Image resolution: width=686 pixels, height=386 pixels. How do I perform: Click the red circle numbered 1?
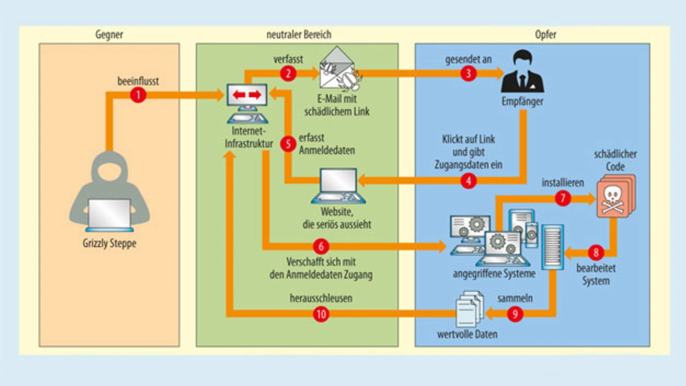point(138,95)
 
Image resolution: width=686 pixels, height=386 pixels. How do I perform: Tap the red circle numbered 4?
point(468,181)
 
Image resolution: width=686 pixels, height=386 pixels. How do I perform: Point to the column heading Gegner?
point(109,35)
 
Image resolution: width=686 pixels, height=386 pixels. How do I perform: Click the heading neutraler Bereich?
point(299,35)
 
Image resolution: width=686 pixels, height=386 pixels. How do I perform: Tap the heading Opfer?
point(545,35)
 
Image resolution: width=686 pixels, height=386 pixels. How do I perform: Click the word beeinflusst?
point(138,81)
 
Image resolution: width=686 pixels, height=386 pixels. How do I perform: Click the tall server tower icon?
point(552,246)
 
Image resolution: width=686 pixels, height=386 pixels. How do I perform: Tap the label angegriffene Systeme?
point(494,275)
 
